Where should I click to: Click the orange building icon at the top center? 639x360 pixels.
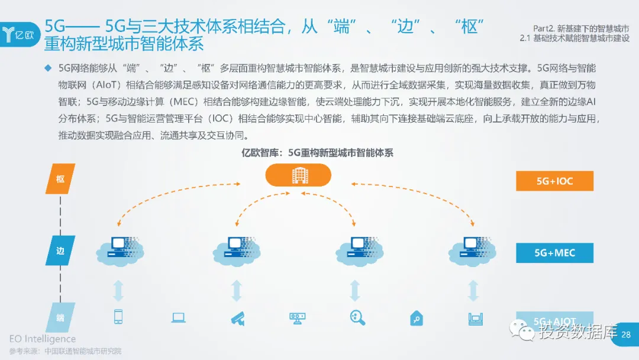click(x=298, y=175)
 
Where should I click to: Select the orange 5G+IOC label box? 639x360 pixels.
click(x=554, y=181)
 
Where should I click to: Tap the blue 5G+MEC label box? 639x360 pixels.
click(x=554, y=252)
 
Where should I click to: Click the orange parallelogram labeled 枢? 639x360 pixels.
click(x=60, y=179)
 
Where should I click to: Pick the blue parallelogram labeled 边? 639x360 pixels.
click(x=60, y=250)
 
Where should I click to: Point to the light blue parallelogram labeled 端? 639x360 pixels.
click(x=60, y=318)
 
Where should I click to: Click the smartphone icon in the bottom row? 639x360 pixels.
click(x=118, y=317)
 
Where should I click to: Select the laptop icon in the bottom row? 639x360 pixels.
click(x=178, y=318)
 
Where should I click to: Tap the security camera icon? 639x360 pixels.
click(x=237, y=318)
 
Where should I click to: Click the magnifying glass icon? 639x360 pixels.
click(x=357, y=318)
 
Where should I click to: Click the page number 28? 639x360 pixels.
click(x=626, y=335)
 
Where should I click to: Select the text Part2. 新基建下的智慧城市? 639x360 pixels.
click(x=577, y=28)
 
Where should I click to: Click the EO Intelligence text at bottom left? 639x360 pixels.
click(x=43, y=339)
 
